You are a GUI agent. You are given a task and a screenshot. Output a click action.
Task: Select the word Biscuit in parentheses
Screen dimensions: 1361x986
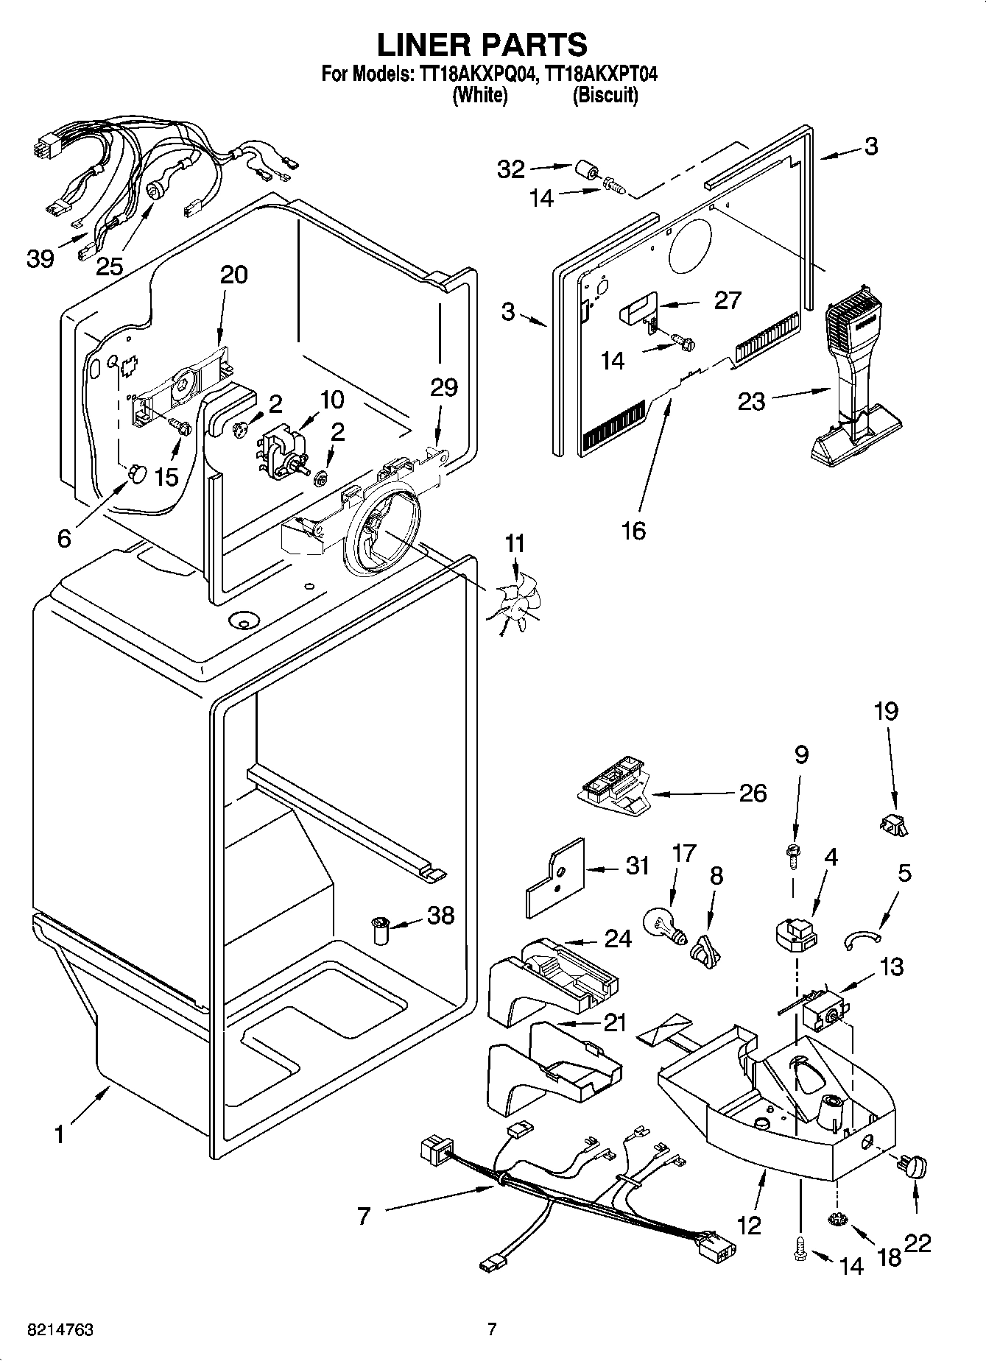coord(605,96)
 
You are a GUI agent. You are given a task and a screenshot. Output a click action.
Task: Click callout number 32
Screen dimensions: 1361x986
coord(510,169)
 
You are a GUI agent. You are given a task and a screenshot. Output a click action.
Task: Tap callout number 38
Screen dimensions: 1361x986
coord(440,916)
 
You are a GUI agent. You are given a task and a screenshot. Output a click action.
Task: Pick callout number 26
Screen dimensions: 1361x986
coord(752,793)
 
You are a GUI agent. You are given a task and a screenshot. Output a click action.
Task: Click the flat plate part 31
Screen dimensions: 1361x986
coord(556,876)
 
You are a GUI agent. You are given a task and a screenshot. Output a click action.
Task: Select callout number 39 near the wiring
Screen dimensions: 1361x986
coord(41,258)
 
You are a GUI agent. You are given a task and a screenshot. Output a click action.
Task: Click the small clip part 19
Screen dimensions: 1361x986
coord(894,827)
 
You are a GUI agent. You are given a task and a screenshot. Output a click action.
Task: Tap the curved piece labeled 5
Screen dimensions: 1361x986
coord(862,938)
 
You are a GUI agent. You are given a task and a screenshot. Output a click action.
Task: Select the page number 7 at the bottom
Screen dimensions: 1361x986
coord(492,1329)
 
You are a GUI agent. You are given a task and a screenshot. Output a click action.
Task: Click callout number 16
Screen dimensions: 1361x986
coord(633,529)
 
